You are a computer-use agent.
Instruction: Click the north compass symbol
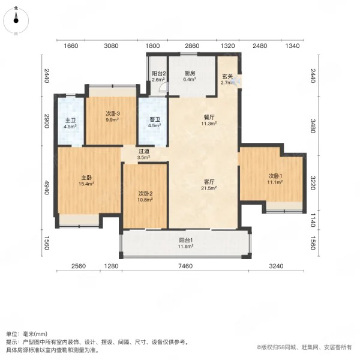pos(16,20)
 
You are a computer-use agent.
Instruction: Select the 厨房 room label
pos(190,76)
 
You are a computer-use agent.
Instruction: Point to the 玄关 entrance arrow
pos(236,81)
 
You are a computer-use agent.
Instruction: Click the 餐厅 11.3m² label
pos(209,121)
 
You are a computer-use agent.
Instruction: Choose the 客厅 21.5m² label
pos(209,185)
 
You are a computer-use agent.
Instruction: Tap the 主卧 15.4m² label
pos(86,181)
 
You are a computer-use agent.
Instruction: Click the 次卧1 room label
pos(275,179)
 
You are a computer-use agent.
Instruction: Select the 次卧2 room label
pos(145,197)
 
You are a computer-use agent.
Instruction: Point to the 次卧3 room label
pos(112,116)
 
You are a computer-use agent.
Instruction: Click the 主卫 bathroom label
pos(70,124)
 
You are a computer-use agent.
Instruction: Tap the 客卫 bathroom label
pos(155,122)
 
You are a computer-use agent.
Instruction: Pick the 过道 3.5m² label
pos(144,154)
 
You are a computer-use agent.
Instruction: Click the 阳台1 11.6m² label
pos(185,243)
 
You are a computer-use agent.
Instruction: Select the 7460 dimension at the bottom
pos(185,266)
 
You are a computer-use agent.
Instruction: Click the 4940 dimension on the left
pos(47,188)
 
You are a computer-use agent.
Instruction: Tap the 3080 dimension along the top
pos(111,46)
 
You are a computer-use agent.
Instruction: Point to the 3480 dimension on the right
pos(313,126)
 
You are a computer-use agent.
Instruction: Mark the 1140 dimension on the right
pos(313,220)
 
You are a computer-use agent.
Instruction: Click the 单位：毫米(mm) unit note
pos(26,334)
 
